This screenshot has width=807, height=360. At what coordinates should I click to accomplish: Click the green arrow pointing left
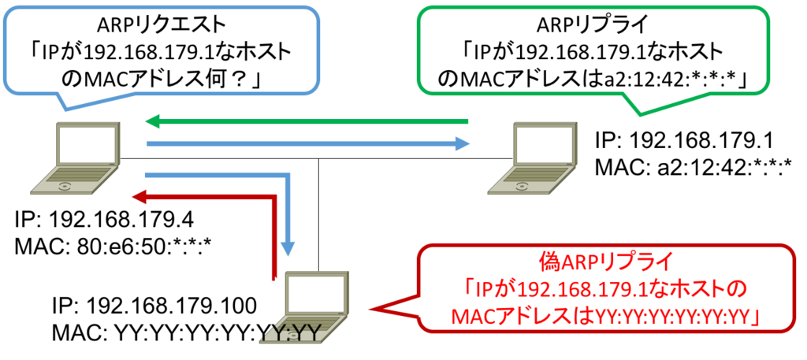click(x=307, y=122)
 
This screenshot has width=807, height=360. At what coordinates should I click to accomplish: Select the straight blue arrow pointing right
click(x=309, y=143)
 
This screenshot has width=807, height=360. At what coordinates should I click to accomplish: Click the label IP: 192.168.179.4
click(x=105, y=221)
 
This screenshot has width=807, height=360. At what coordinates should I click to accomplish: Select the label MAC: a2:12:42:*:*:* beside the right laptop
click(x=692, y=165)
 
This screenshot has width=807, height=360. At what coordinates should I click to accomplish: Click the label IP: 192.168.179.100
click(x=154, y=306)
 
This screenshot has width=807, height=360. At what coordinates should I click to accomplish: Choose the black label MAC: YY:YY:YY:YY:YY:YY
click(x=186, y=331)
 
